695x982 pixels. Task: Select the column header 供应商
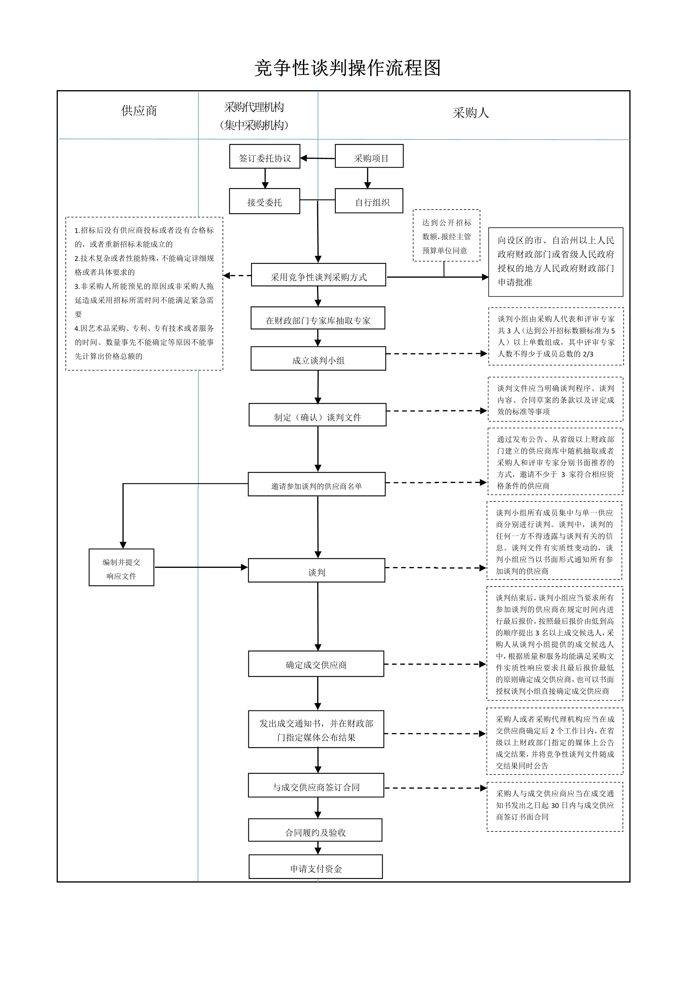139,111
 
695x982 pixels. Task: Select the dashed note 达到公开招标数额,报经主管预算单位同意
446,235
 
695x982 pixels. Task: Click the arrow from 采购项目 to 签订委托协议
318,158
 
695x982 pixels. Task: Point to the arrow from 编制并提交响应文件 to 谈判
201,567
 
